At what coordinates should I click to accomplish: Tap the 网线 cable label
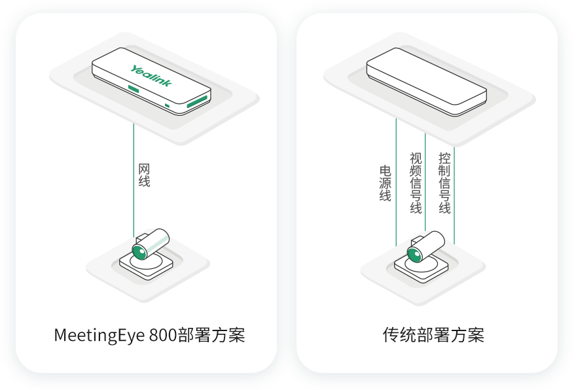pos(144,175)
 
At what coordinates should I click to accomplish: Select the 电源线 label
pos(386,183)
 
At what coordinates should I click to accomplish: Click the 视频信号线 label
pos(416,183)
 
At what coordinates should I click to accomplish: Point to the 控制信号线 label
pos(444,183)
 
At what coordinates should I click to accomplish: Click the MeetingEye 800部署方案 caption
pos(149,336)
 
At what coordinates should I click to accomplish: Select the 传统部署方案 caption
pos(433,336)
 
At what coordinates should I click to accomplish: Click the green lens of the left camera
pos(139,252)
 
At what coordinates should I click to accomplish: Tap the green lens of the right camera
pos(414,253)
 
